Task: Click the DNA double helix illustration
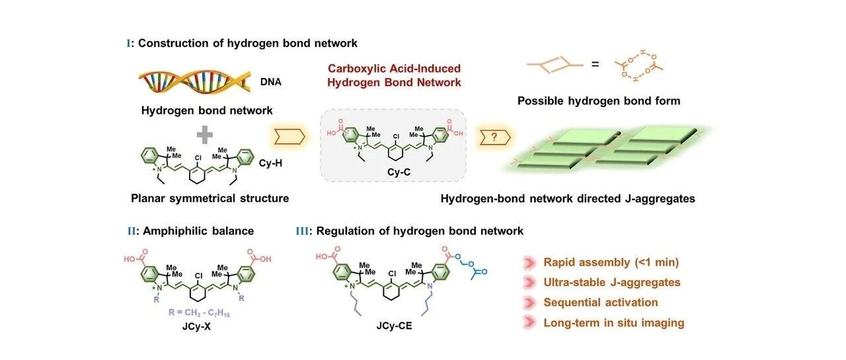click(x=194, y=81)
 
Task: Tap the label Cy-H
click(x=270, y=163)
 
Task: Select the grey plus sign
click(x=205, y=135)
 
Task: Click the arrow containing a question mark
click(x=495, y=137)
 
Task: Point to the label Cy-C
click(x=399, y=172)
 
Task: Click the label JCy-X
click(x=196, y=326)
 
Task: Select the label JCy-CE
click(x=394, y=326)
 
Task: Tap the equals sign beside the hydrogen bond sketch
click(x=596, y=65)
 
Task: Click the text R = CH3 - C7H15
click(x=199, y=313)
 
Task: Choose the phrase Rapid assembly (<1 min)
click(x=611, y=262)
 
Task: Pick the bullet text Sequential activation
click(x=601, y=303)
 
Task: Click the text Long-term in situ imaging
click(x=614, y=323)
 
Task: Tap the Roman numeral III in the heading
click(x=302, y=231)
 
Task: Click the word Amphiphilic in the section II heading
click(x=173, y=231)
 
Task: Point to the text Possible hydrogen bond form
click(x=599, y=101)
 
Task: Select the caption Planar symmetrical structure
click(x=210, y=198)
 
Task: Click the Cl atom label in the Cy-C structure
click(x=396, y=137)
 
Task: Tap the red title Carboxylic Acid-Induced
click(x=394, y=68)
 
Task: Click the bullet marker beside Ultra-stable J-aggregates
click(x=529, y=283)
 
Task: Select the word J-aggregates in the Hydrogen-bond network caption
click(x=660, y=198)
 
